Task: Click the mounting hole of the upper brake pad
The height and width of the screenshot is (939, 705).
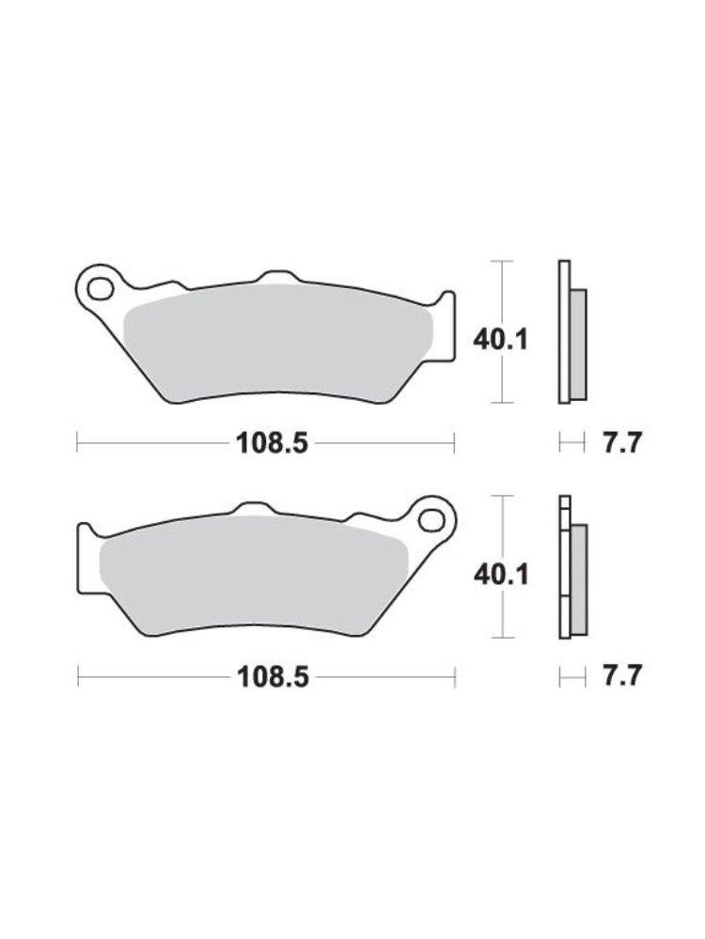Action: click(101, 289)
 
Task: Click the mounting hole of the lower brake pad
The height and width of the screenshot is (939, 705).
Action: click(431, 520)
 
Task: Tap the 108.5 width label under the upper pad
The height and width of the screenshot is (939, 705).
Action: click(273, 444)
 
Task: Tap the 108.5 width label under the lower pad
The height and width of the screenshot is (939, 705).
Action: click(274, 677)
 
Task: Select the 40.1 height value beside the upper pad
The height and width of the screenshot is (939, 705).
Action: click(501, 341)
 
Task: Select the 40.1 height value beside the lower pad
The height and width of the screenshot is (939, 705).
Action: click(501, 576)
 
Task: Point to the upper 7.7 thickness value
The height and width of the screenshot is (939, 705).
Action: click(622, 444)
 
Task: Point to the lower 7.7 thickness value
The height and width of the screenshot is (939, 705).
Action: click(622, 676)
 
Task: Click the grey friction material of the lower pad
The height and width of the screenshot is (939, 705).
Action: click(252, 575)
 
